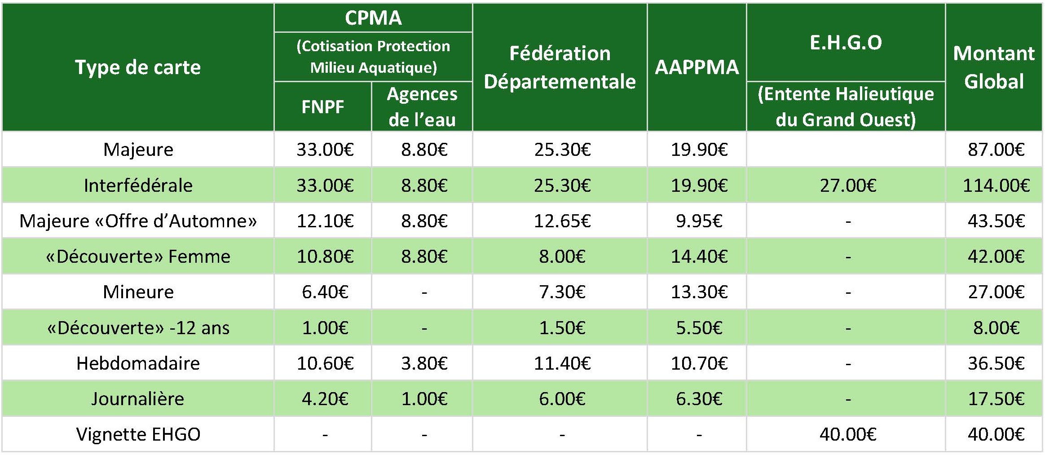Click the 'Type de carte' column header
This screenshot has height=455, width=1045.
(138, 67)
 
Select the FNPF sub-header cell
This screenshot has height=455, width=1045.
(322, 107)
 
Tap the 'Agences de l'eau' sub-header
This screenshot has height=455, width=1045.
(422, 107)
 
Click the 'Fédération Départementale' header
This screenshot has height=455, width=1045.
(560, 67)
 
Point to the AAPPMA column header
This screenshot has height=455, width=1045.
(697, 67)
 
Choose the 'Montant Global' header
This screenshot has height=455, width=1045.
(994, 67)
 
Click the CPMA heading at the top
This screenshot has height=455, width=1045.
(373, 18)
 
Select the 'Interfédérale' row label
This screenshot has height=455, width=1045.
(138, 185)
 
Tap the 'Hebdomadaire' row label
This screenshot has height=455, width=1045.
(138, 363)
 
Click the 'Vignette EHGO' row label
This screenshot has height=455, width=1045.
(138, 434)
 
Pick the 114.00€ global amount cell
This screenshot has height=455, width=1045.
(996, 185)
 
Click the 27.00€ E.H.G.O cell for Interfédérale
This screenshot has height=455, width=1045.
(848, 185)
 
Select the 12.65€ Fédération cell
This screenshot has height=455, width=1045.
(562, 221)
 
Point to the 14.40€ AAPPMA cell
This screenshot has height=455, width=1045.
(699, 256)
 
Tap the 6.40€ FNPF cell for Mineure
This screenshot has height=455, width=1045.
(325, 292)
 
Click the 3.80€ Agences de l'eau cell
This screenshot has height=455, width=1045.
(424, 363)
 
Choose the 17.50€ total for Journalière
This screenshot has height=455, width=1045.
(996, 399)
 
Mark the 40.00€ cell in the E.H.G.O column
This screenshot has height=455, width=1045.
(848, 434)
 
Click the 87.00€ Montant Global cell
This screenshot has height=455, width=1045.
(996, 150)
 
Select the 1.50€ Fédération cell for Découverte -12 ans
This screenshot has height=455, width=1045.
(562, 327)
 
